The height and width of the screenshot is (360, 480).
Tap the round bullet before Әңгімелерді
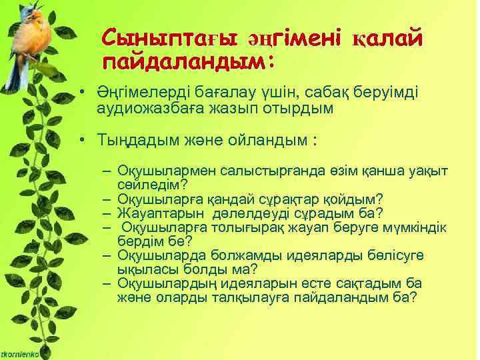point(80,93)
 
